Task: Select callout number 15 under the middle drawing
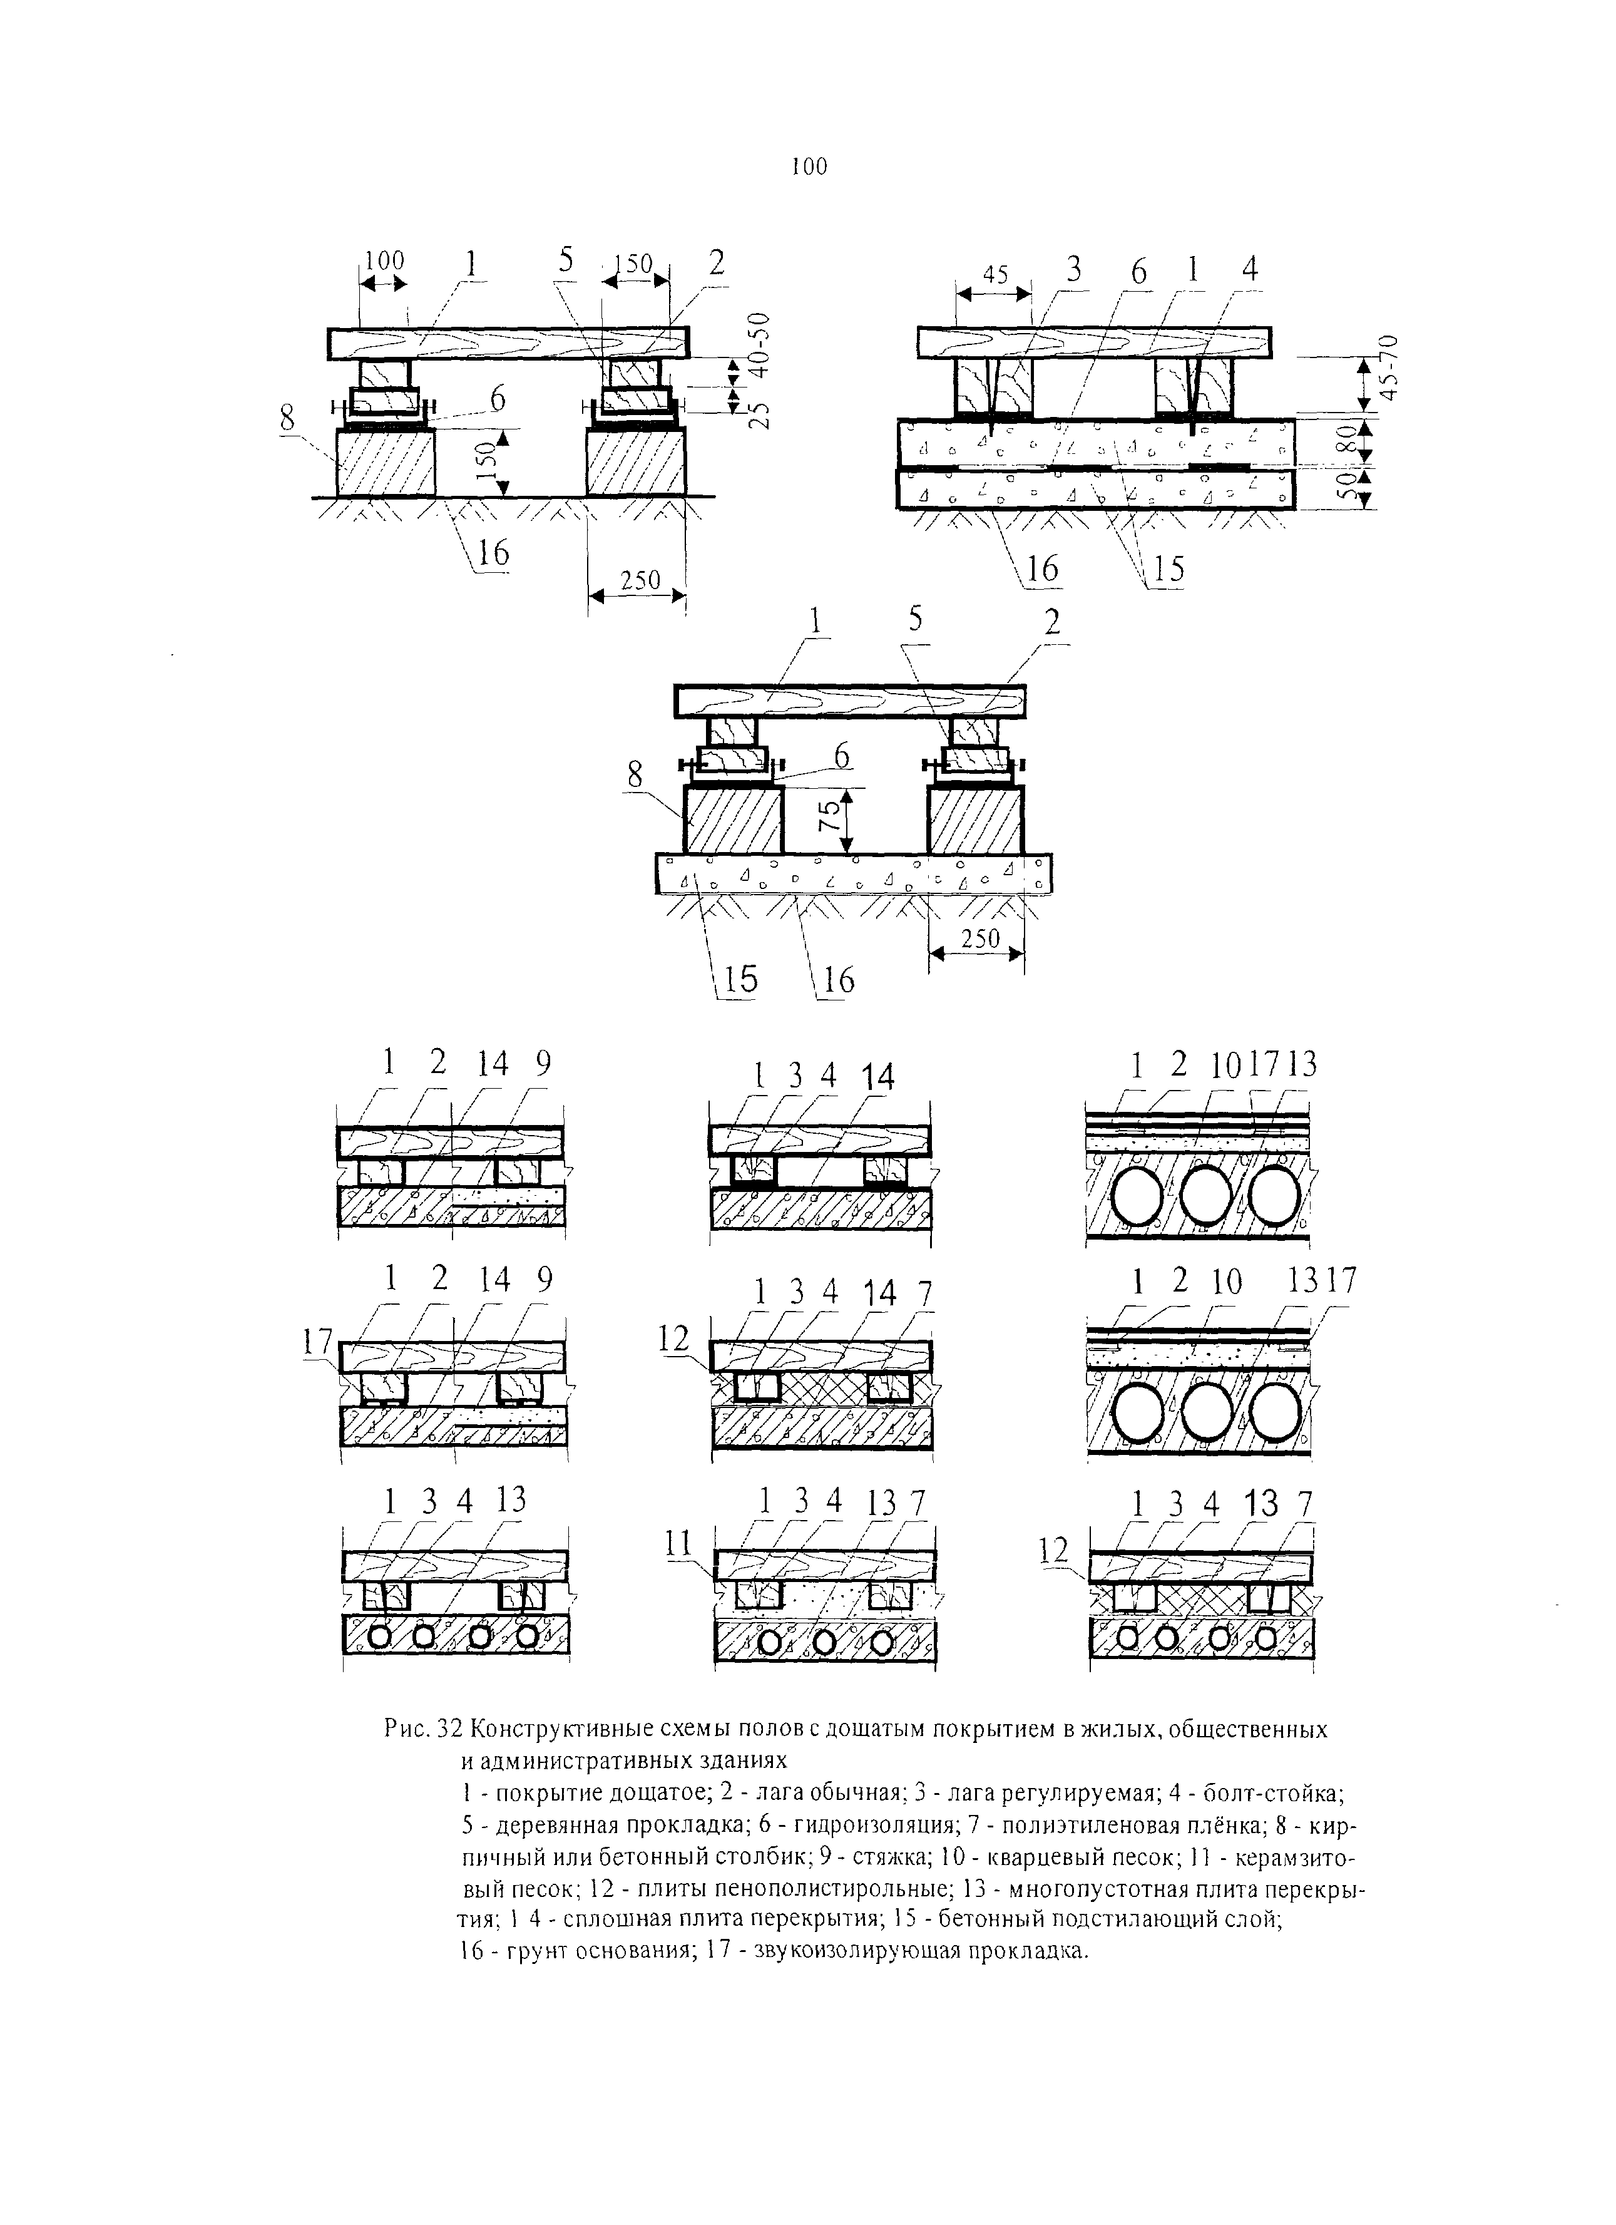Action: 740,979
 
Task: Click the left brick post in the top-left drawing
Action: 386,463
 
